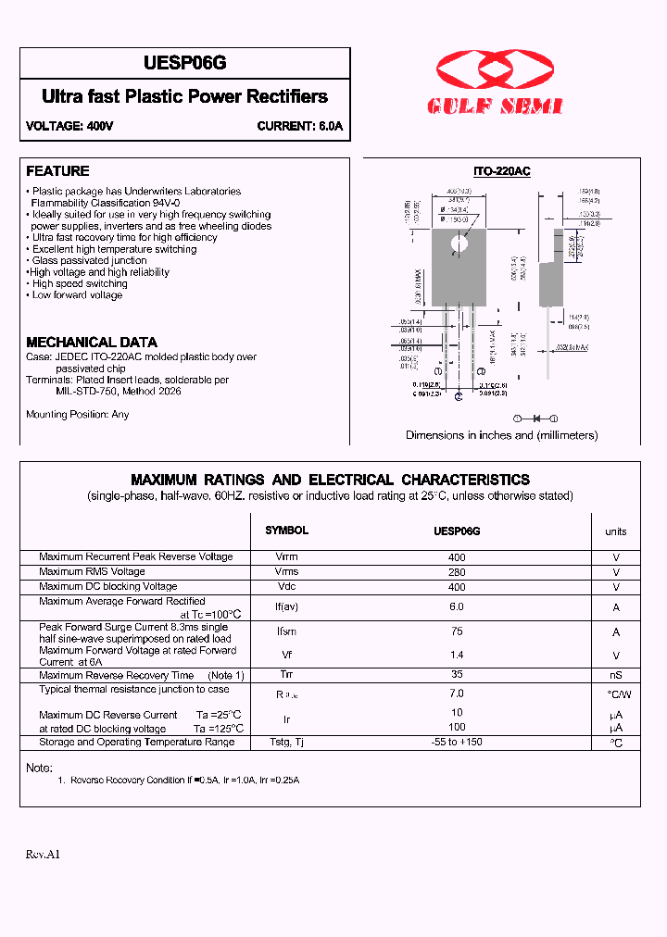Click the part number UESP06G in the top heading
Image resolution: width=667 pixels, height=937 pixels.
(x=185, y=63)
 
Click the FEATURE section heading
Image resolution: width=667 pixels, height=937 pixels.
(x=57, y=171)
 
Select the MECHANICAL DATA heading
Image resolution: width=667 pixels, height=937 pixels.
(x=92, y=342)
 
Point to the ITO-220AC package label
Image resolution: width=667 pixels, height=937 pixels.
(x=501, y=172)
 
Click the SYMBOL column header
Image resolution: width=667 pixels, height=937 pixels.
(x=286, y=531)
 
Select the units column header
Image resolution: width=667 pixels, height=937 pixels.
(x=615, y=531)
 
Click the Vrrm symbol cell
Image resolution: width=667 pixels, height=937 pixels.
(x=286, y=557)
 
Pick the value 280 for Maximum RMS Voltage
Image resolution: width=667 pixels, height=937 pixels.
(x=456, y=572)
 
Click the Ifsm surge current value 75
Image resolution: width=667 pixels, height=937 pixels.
(x=456, y=631)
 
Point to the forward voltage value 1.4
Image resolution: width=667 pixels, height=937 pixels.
(x=456, y=654)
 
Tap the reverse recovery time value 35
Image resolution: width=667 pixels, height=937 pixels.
(x=456, y=675)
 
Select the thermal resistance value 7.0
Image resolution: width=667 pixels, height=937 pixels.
(x=456, y=693)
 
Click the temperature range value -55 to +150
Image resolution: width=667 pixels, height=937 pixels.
(x=456, y=742)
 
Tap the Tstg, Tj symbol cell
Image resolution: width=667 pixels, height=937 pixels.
(x=286, y=742)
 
